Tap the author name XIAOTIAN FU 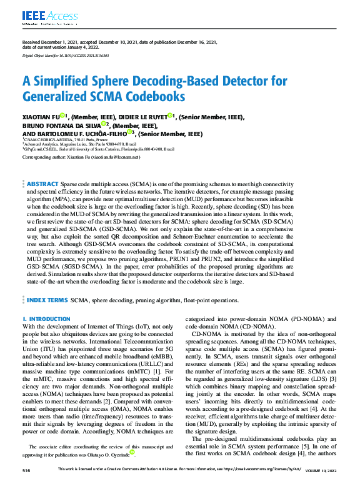click(41, 117)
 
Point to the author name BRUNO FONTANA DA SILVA click(60, 125)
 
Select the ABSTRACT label click(42, 167)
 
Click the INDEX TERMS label click(47, 300)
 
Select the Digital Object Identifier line click(66, 56)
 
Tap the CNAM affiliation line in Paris click(63, 141)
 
